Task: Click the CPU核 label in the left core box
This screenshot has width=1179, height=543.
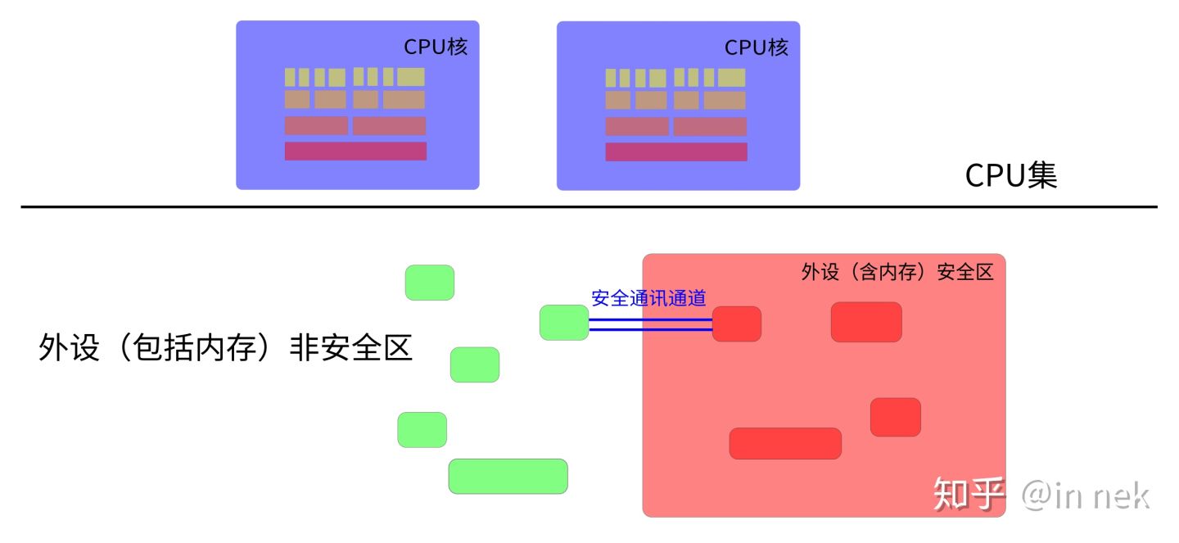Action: (435, 48)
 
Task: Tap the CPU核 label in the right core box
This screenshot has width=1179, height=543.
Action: (756, 48)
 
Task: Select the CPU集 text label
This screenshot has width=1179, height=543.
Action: (1011, 175)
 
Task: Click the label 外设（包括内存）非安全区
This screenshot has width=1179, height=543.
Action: (225, 348)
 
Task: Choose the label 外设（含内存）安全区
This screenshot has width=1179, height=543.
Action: (897, 273)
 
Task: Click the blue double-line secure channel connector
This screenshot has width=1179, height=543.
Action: (650, 324)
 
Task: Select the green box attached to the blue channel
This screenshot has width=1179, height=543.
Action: (563, 323)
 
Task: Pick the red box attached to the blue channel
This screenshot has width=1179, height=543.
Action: (736, 324)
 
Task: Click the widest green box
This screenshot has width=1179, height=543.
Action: (508, 477)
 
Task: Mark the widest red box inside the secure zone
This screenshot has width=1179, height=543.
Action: (784, 443)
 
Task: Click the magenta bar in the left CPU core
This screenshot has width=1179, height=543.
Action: (355, 152)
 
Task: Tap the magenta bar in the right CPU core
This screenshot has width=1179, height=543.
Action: (676, 152)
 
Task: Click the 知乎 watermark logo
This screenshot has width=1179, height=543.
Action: (969, 494)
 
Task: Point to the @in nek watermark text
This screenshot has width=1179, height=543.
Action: (1085, 495)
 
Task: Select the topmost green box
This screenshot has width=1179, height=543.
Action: (429, 283)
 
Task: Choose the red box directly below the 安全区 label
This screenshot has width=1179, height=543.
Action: (865, 322)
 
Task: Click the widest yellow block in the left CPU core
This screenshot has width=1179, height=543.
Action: (411, 77)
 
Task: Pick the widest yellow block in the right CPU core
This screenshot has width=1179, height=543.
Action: (731, 78)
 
